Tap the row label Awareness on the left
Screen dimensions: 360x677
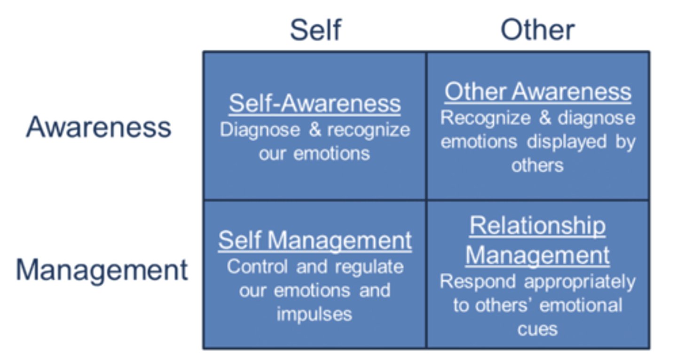coord(99,127)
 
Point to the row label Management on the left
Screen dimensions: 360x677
coord(102,270)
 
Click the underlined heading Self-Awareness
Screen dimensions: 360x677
coord(315,103)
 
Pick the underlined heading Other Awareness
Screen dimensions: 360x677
coord(538,91)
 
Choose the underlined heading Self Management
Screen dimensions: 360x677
coord(315,241)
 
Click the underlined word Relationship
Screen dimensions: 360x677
coord(537,226)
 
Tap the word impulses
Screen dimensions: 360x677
coord(314,313)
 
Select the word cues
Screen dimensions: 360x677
coord(537,329)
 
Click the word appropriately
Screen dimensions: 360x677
coord(579,282)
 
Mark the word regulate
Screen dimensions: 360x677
coord(362,267)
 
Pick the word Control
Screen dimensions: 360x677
coord(258,266)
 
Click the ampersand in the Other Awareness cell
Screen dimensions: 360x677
coord(545,117)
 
